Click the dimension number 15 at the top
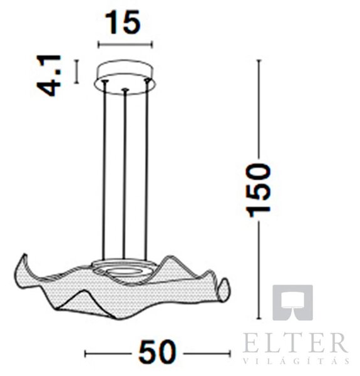pos(122,23)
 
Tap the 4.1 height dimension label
pos(49,76)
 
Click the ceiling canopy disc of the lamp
pos(125,77)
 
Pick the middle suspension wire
pos(124,175)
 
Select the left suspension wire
pos(104,170)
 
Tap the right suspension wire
pos(146,170)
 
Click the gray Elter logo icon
pos(292,302)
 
